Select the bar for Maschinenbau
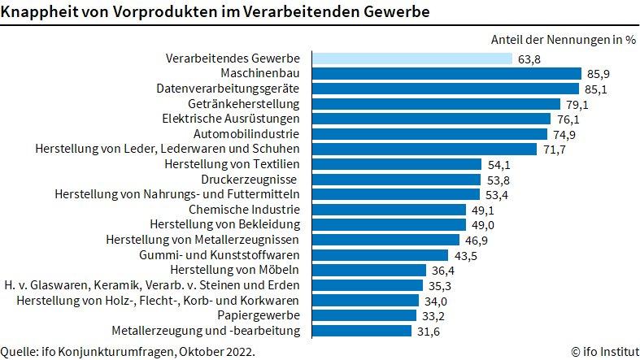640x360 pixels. coord(443,74)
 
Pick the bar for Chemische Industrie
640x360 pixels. coord(385,209)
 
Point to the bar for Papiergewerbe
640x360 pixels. coord(365,314)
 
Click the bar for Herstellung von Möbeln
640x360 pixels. coord(369,270)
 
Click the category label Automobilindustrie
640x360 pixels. coord(247,134)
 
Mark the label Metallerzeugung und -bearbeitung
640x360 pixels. coord(206,330)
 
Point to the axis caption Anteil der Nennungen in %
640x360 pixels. coord(563,39)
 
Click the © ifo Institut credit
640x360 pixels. coord(603,351)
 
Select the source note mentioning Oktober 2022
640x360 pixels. coord(128,351)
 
